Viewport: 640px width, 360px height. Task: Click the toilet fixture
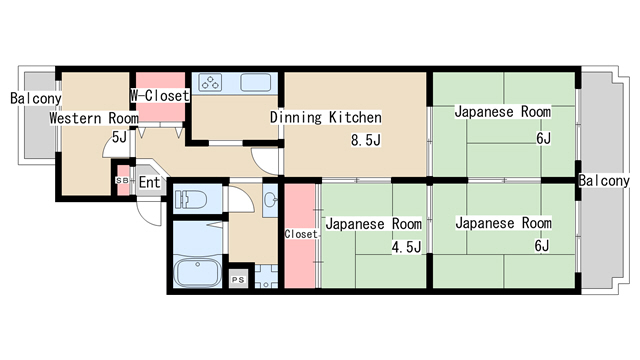[x=191, y=200]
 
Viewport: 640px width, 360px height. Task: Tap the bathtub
[x=198, y=272]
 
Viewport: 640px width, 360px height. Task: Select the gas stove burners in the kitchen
[x=210, y=82]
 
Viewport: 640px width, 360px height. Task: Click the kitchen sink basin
[x=256, y=82]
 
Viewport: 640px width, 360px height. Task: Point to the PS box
[x=238, y=280]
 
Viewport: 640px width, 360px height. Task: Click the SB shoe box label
[x=122, y=180]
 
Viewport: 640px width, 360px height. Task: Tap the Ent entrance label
[x=149, y=182]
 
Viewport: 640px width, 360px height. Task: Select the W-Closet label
[x=160, y=96]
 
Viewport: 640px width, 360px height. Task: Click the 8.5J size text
[x=366, y=140]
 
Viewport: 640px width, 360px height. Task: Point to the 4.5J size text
[x=406, y=247]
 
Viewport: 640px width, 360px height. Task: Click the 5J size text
[x=119, y=137]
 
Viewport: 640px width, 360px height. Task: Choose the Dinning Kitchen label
[x=326, y=118]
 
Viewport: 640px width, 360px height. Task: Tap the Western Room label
[x=94, y=118]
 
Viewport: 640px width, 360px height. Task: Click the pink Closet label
[x=301, y=234]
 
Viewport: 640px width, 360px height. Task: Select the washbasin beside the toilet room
[x=270, y=200]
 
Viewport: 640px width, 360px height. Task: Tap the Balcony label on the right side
[x=604, y=181]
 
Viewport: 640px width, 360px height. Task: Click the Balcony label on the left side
[x=36, y=98]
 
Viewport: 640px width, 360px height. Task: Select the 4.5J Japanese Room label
[x=373, y=224]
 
